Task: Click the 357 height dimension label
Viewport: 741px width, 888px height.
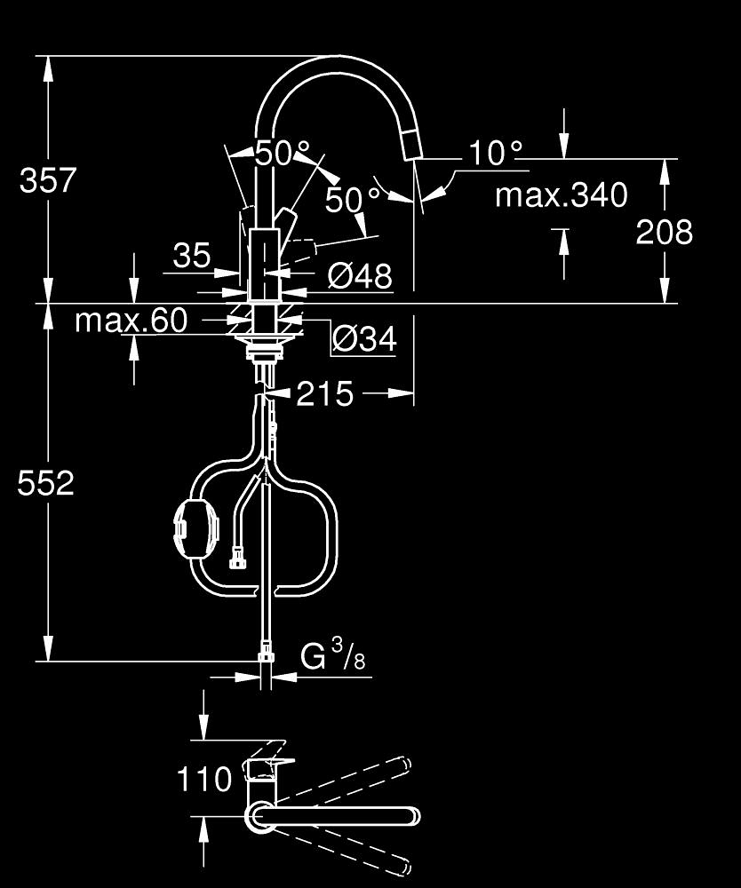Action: (48, 180)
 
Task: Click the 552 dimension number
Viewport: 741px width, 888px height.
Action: (46, 484)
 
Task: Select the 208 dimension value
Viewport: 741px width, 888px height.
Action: (664, 232)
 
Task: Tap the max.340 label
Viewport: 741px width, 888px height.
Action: (562, 195)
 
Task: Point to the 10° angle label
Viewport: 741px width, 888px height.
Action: (496, 154)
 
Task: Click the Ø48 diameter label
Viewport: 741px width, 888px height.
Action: (360, 276)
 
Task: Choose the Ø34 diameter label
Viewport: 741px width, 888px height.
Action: (364, 338)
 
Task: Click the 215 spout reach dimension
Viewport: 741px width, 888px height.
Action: (324, 393)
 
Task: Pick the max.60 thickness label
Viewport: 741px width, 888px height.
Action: (131, 321)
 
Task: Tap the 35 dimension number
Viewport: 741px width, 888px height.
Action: (192, 255)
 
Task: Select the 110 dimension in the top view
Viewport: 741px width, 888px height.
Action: (204, 779)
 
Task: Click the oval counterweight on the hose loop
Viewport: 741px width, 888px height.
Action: (196, 527)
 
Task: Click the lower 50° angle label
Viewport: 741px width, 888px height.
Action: (352, 199)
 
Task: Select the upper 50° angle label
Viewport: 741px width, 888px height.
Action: (282, 153)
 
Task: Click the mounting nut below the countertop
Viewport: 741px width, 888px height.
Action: (265, 347)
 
